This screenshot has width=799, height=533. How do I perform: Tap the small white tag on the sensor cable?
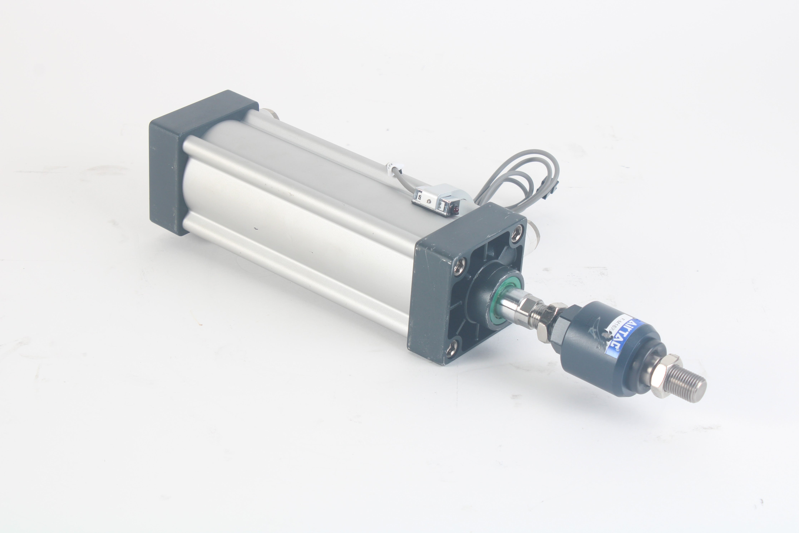pos(390,168)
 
